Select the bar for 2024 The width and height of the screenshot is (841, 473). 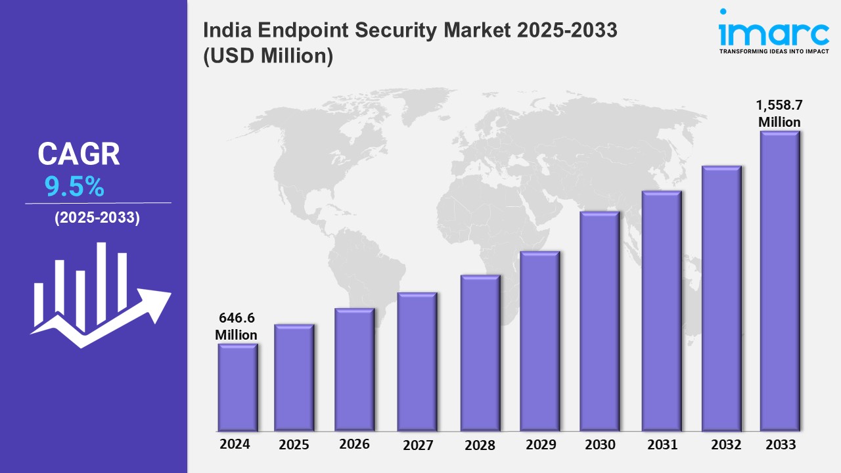238,388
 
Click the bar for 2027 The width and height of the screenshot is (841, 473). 417,361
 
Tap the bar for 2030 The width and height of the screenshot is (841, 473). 600,322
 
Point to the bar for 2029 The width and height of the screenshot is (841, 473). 539,342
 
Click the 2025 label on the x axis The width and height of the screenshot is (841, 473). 294,445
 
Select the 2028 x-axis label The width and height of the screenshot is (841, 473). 480,445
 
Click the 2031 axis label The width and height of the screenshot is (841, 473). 662,445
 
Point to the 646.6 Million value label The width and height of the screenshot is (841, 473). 236,327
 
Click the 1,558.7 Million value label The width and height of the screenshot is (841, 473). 779,114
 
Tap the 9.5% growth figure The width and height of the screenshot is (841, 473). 74,188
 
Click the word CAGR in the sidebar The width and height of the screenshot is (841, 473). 79,154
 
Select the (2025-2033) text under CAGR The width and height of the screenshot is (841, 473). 97,219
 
